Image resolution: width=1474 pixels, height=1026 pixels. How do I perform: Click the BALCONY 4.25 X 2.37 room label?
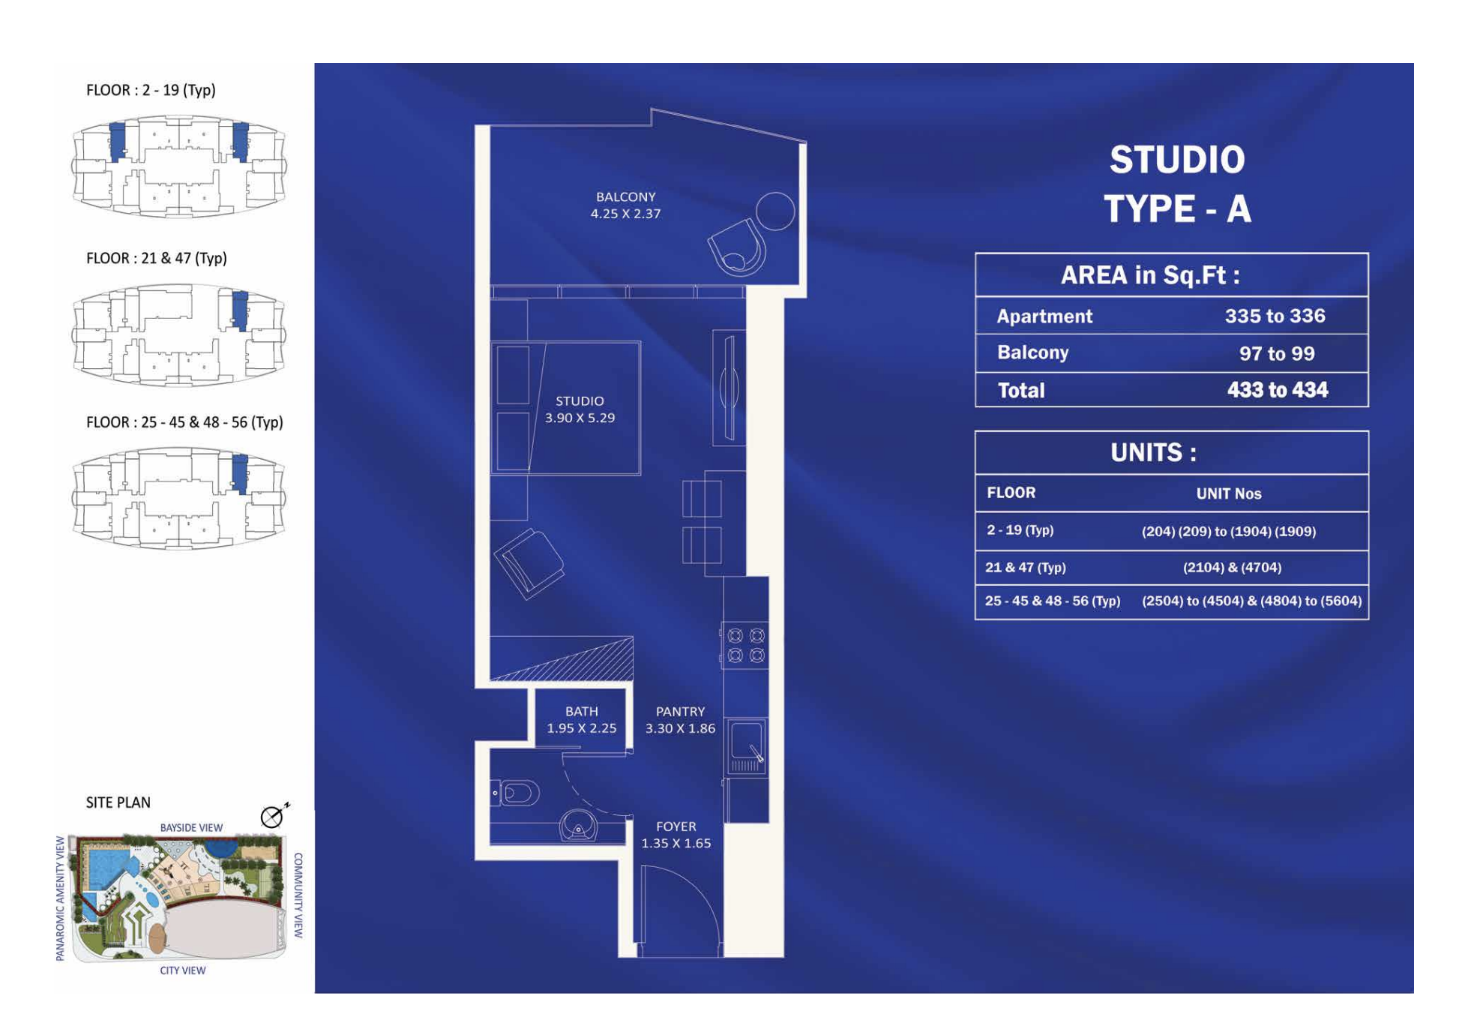point(625,205)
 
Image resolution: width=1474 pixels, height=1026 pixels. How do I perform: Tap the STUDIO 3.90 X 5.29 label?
point(580,409)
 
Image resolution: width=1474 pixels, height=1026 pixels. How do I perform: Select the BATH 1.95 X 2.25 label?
point(581,719)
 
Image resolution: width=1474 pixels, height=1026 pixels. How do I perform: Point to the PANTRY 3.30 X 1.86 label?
point(680,719)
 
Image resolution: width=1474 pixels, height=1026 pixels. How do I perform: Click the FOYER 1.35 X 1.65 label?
point(676,834)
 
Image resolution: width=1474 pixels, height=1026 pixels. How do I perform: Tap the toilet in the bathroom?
point(516,793)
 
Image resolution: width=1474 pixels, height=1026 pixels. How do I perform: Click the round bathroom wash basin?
point(578,826)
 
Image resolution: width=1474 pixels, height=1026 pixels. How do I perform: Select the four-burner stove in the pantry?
point(745,645)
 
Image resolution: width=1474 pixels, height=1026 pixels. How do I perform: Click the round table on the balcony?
point(774,211)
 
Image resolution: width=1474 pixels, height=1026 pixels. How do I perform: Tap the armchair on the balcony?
point(737,246)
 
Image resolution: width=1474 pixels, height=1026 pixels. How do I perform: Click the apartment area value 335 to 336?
point(1275,316)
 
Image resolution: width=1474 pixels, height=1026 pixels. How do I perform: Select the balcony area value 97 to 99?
point(1276,353)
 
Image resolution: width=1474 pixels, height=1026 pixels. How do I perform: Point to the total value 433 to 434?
point(1277,390)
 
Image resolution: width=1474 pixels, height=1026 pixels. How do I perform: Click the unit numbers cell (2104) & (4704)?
point(1232,568)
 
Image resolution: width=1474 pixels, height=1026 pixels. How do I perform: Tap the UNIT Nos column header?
point(1228,493)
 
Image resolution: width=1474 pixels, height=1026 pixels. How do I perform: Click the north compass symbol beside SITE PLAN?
point(273,816)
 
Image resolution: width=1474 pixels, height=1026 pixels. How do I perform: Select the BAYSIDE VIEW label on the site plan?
point(191,827)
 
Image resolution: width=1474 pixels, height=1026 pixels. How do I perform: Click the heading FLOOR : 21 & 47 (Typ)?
point(156,258)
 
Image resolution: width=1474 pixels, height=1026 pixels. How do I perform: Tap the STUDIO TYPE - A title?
point(1177,184)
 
